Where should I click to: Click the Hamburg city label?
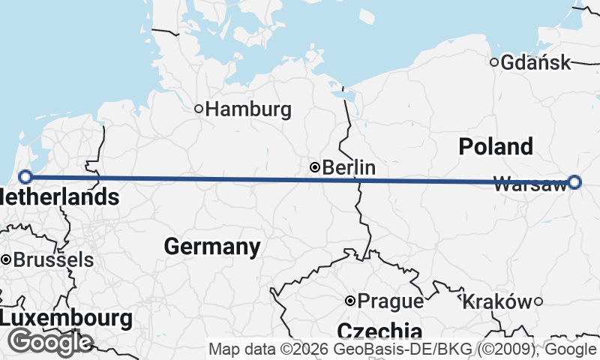248,109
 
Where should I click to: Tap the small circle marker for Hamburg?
199,109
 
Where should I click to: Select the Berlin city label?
349,168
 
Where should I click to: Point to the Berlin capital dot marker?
316,167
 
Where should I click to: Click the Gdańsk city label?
535,63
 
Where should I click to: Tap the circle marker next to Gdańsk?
494,62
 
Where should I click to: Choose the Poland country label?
496,146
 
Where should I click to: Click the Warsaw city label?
530,184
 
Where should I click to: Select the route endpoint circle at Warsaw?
574,181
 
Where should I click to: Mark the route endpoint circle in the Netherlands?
25,177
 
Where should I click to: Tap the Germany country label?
212,246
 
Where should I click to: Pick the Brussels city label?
54,260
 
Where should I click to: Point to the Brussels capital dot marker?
6,259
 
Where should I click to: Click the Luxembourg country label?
66,317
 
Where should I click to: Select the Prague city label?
390,301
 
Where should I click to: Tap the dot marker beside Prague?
349,301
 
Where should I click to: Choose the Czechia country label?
379,331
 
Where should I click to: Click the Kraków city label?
497,301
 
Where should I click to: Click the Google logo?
49,342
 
